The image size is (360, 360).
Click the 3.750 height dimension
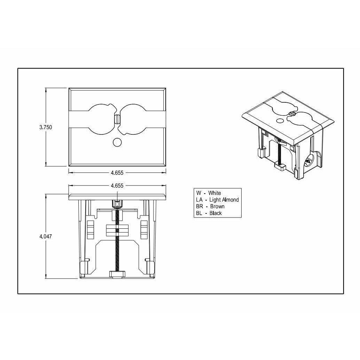46,127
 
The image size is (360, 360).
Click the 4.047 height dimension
46,236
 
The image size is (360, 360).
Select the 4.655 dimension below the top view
117,172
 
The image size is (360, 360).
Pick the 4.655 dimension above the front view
117,186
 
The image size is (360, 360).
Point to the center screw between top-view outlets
117,119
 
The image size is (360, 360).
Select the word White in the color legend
214,193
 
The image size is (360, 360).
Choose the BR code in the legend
199,206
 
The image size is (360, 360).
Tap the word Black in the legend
216,213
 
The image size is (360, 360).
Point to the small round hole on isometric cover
280,121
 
